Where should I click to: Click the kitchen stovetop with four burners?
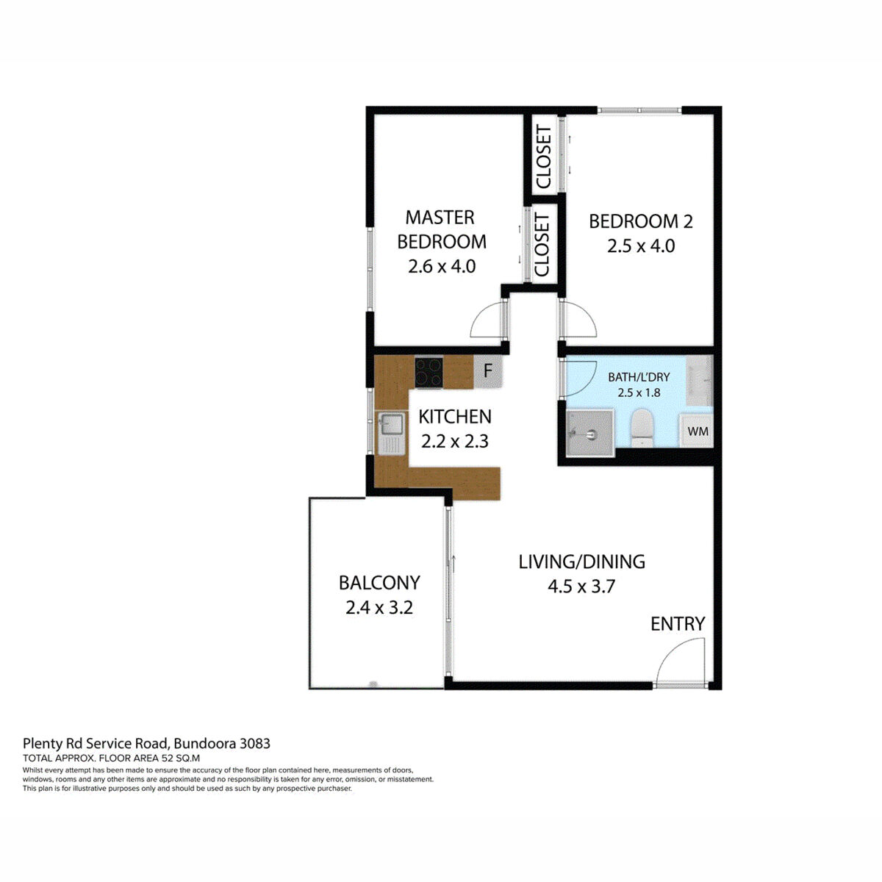tap(429, 372)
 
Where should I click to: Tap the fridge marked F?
tap(487, 372)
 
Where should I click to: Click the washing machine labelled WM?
tap(698, 431)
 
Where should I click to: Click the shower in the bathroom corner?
tap(589, 433)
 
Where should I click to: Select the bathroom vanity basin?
tap(699, 379)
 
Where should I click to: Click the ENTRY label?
tap(677, 624)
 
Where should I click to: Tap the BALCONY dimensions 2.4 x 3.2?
tap(379, 608)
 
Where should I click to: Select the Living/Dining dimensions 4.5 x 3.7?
tap(581, 587)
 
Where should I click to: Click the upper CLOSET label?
tap(544, 157)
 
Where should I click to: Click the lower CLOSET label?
tap(542, 244)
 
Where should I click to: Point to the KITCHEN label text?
tap(454, 417)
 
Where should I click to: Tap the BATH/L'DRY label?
tap(638, 377)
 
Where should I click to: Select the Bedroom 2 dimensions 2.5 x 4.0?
tap(640, 246)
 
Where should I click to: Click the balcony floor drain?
tap(373, 684)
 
